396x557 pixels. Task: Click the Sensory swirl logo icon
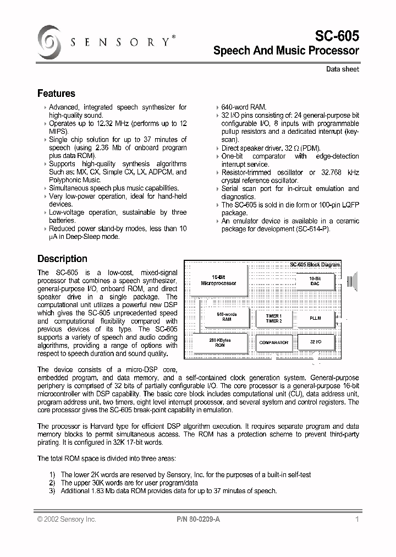click(x=50, y=42)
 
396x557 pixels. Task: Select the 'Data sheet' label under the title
click(x=342, y=69)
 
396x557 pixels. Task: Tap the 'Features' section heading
click(x=56, y=94)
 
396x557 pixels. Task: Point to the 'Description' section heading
click(x=62, y=259)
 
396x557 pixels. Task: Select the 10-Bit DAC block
click(x=315, y=281)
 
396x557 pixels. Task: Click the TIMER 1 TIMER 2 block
click(x=273, y=318)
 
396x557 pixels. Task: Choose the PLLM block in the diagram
click(x=315, y=318)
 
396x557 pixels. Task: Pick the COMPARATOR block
click(x=273, y=342)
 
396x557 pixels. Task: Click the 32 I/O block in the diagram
click(x=315, y=342)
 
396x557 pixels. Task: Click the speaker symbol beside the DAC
click(x=353, y=280)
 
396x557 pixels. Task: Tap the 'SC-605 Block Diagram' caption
click(x=315, y=265)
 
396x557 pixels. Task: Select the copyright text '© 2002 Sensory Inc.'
click(x=67, y=519)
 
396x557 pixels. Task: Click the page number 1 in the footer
click(x=357, y=519)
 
